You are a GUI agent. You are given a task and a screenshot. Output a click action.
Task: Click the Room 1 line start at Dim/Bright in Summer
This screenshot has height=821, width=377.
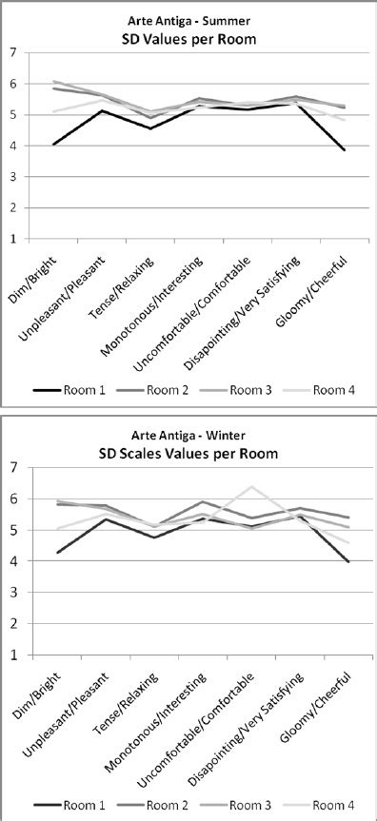click(55, 145)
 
